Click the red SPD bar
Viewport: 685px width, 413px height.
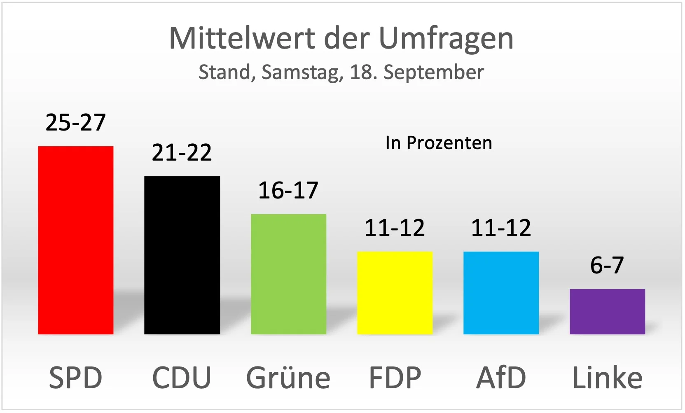click(x=75, y=240)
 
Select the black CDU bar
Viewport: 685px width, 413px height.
click(x=182, y=255)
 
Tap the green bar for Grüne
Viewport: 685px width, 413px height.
click(x=288, y=274)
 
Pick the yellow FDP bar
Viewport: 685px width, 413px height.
click(x=395, y=293)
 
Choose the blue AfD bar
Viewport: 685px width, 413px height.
click(x=501, y=293)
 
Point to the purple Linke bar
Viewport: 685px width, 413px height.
click(x=607, y=312)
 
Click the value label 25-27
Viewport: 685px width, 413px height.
click(x=75, y=123)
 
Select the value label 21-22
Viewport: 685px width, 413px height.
click(x=182, y=153)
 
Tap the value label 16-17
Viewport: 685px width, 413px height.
click(x=288, y=191)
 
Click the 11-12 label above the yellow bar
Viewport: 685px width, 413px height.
click(x=395, y=228)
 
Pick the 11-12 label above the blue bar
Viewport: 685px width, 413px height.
click(x=501, y=228)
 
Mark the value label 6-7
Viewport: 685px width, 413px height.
click(x=607, y=266)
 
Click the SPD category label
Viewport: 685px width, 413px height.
click(x=75, y=378)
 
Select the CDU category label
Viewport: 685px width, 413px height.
click(x=182, y=378)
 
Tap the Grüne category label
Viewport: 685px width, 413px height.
click(x=288, y=378)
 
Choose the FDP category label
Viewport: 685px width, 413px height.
click(x=395, y=378)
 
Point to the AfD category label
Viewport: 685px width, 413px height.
click(x=501, y=378)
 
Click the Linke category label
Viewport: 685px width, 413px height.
click(x=607, y=378)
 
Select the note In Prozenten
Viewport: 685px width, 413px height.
click(x=439, y=143)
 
